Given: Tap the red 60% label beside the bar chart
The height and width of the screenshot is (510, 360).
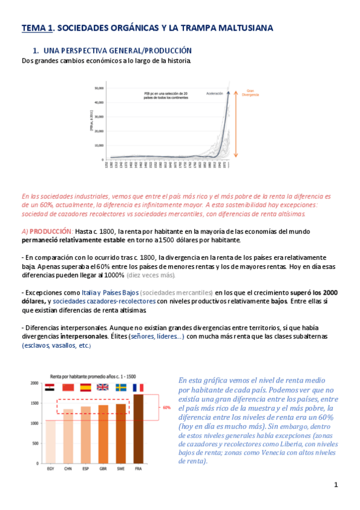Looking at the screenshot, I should (167, 407).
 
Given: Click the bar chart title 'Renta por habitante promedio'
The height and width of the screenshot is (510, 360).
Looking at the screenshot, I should (81, 373).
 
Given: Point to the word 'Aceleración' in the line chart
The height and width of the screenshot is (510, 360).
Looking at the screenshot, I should (215, 94).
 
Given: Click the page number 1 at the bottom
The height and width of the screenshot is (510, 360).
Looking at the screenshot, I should (336, 485).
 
